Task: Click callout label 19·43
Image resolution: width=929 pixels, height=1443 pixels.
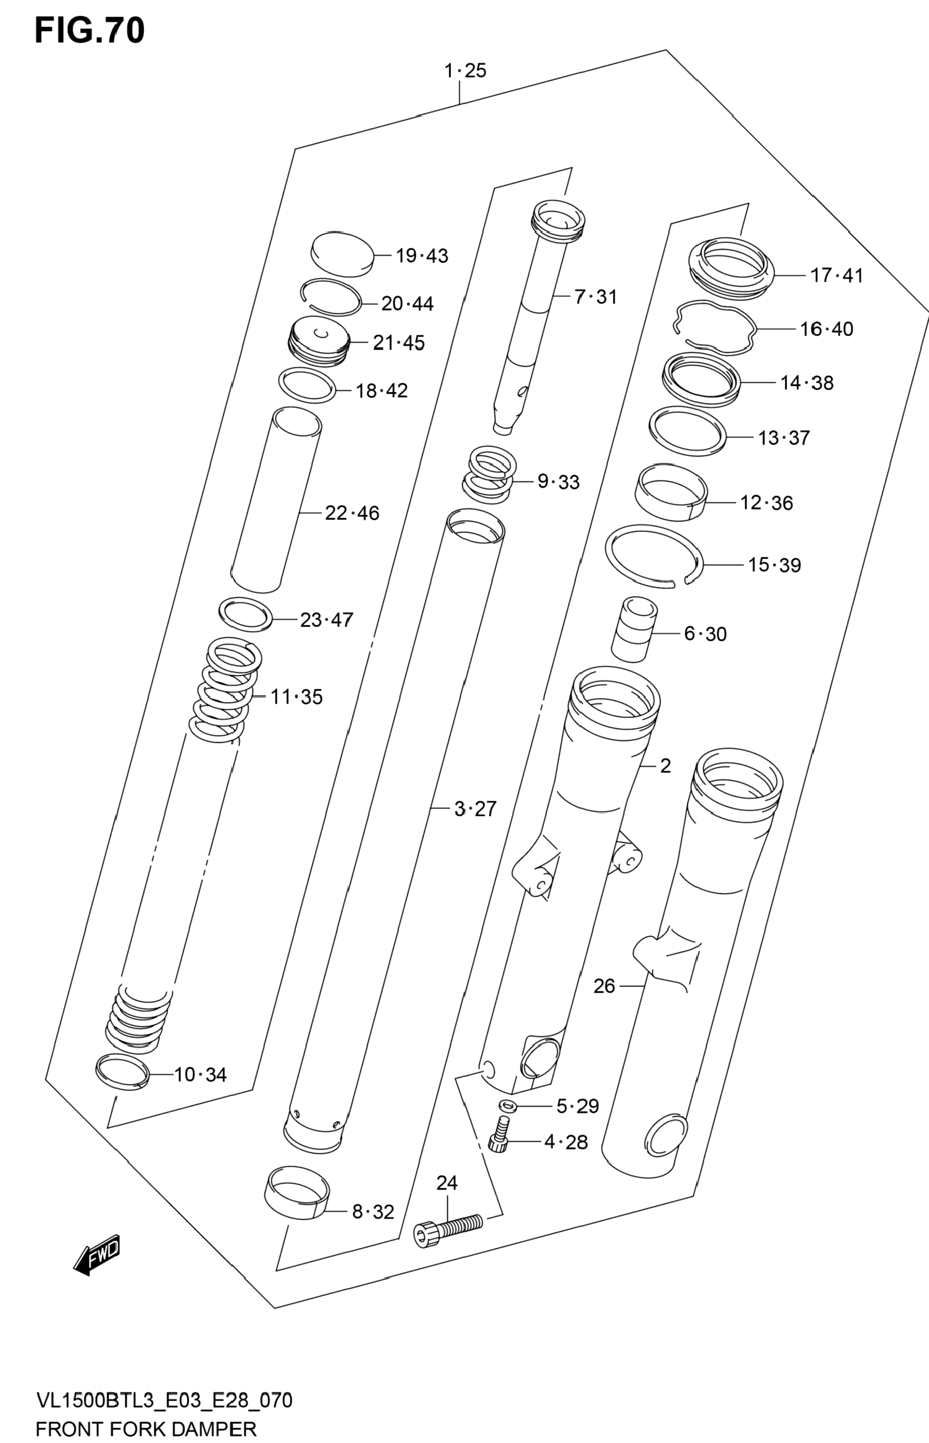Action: (422, 256)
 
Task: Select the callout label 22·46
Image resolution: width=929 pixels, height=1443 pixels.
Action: (352, 514)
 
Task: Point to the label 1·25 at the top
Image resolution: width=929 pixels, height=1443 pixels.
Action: (465, 71)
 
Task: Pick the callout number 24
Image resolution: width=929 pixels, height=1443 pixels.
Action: (447, 1183)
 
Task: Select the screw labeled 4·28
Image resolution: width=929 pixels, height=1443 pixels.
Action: (498, 1135)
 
